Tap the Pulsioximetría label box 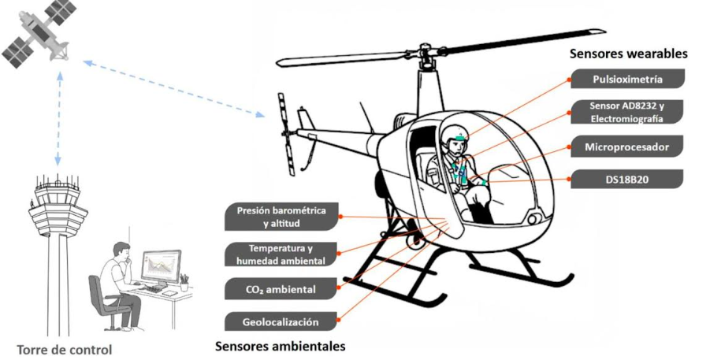point(626,80)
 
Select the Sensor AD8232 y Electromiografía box point(626,112)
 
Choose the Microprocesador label point(626,147)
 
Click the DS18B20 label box point(626,180)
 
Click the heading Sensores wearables point(628,54)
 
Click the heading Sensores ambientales point(280,346)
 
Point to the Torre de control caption point(65,349)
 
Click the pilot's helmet point(455,135)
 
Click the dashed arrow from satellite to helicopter point(173,87)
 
